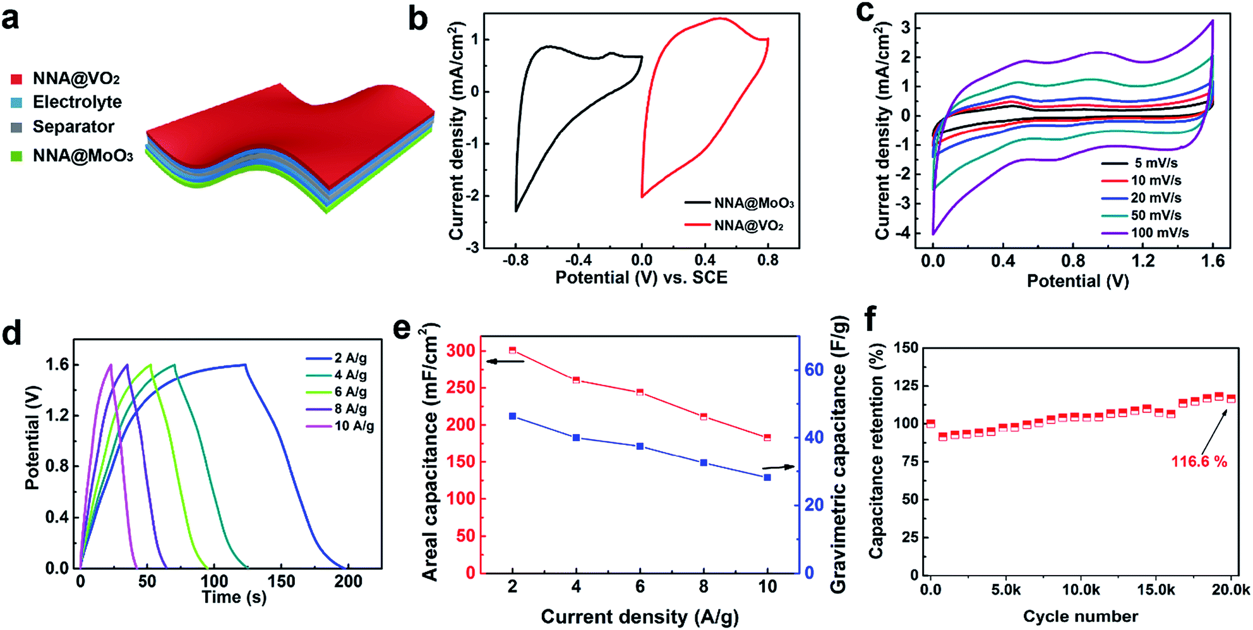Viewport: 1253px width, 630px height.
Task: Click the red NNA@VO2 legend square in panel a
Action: point(17,79)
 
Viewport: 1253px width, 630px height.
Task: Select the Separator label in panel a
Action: point(73,126)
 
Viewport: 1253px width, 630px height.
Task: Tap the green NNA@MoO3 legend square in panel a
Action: point(17,155)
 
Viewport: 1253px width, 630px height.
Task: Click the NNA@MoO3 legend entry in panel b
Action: point(740,203)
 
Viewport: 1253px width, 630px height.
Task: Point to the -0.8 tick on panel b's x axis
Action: point(515,260)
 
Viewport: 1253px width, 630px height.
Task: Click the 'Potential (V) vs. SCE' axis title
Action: point(641,277)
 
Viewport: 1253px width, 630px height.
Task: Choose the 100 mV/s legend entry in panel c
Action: point(1145,233)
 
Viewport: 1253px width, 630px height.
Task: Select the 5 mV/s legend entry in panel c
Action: point(1140,163)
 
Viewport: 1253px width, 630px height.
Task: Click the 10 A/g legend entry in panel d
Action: point(340,426)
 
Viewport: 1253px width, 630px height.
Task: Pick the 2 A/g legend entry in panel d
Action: point(336,358)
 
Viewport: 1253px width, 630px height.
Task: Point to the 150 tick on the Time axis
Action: point(281,581)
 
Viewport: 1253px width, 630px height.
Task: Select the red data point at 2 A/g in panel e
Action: point(512,349)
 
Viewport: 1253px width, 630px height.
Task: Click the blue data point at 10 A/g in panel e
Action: point(767,478)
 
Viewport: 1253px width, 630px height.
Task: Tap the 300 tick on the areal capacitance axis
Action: point(460,351)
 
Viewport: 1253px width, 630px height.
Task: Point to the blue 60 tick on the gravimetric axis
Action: point(814,370)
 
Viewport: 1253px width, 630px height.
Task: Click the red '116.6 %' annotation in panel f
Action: point(1199,462)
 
